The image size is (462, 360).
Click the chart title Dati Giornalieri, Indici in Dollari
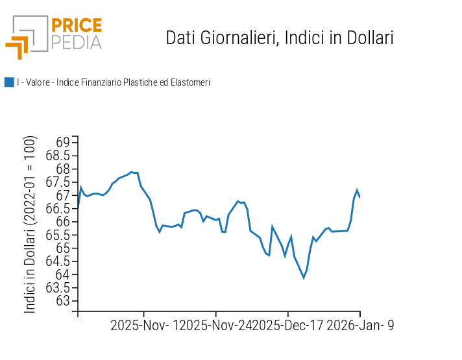[x=280, y=38]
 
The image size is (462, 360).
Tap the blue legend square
[x=9, y=82]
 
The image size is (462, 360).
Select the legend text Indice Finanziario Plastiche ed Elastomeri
[x=114, y=82]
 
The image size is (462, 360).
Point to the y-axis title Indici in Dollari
[x=30, y=224]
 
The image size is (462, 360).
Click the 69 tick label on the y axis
[x=63, y=143]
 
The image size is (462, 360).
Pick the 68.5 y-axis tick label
[x=58, y=156]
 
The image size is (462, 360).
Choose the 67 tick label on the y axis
[x=63, y=195]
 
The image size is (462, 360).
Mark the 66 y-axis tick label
[x=63, y=222]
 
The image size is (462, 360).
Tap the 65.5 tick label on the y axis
[x=58, y=235]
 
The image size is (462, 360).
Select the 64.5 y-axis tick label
[x=58, y=261]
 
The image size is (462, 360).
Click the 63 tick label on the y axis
[x=63, y=301]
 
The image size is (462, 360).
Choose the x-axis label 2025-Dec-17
[x=287, y=326]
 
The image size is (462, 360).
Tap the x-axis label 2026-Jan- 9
[x=359, y=326]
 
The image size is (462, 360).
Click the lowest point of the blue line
[x=304, y=278]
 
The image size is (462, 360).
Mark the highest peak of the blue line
[x=132, y=172]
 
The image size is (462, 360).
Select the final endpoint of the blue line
[x=359, y=197]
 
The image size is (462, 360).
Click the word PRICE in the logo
[x=76, y=26]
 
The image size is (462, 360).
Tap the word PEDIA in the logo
[x=76, y=43]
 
